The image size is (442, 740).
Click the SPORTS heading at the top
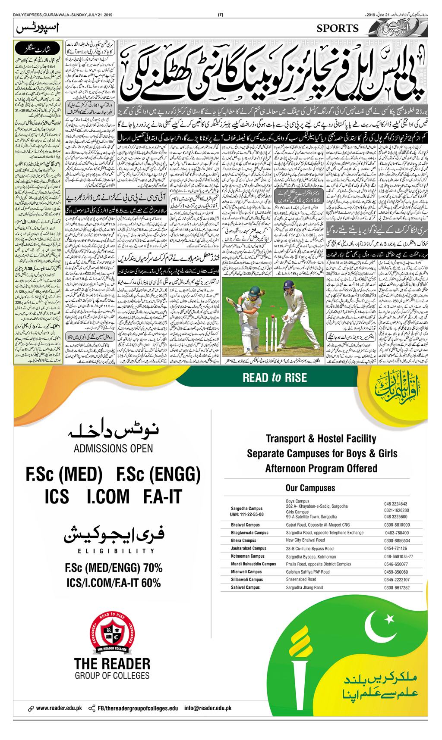pos(338,28)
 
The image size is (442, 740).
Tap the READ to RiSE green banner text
pos(275,378)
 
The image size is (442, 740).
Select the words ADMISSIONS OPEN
pos(113,448)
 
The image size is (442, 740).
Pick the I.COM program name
pos(108,496)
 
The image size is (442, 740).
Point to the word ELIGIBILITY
pos(114,551)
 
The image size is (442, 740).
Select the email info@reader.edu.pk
pos(208,708)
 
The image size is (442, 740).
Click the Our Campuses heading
pos(310,488)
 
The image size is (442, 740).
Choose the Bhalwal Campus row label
pos(246,525)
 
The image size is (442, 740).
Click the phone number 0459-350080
pos(395,572)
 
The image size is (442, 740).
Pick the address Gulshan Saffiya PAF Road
pos(307,572)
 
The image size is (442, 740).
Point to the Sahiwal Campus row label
pos(246,587)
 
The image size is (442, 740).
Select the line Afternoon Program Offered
pos(321,468)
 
